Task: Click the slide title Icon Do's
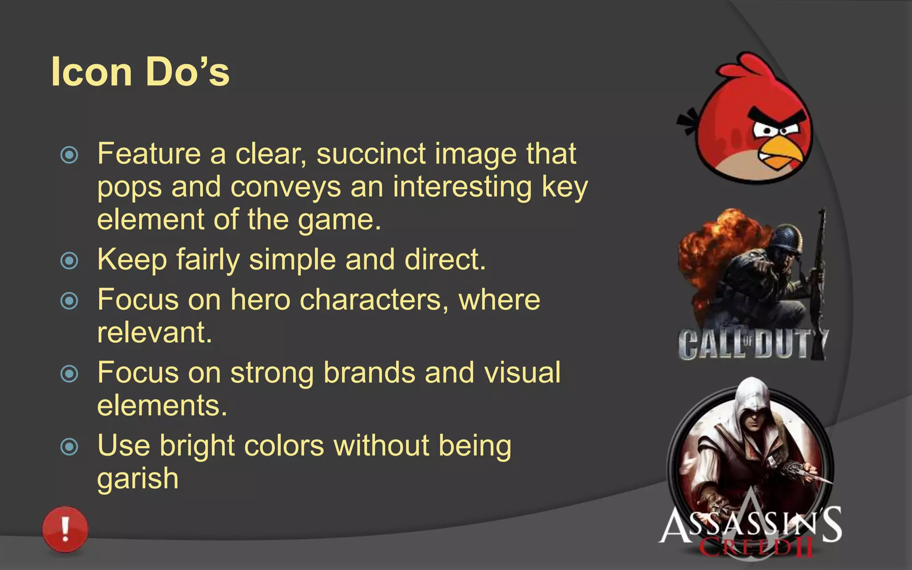tap(140, 72)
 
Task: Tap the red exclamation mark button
tap(65, 529)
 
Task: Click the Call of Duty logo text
tap(753, 344)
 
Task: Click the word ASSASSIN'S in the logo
tap(750, 525)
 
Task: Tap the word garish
tap(138, 479)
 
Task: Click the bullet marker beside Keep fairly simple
tap(69, 261)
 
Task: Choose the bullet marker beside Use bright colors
tap(69, 446)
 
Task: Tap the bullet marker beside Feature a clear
tap(69, 155)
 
